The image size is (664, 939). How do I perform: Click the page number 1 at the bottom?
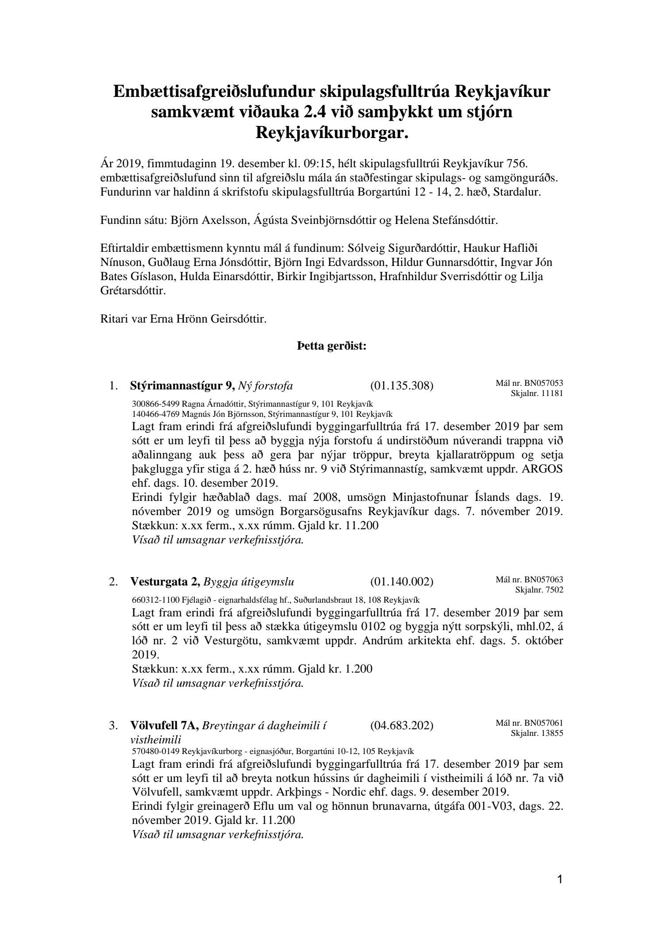560,878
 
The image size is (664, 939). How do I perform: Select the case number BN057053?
544,383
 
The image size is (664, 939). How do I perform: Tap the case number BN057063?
544,580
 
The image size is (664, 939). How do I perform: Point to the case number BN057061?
544,723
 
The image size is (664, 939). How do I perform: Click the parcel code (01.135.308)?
401,386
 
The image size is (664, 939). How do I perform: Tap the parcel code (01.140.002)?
401,581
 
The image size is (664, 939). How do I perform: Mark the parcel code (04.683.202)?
401,726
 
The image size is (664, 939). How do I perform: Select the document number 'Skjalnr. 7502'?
539,590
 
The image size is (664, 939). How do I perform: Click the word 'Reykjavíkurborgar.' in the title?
332,132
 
